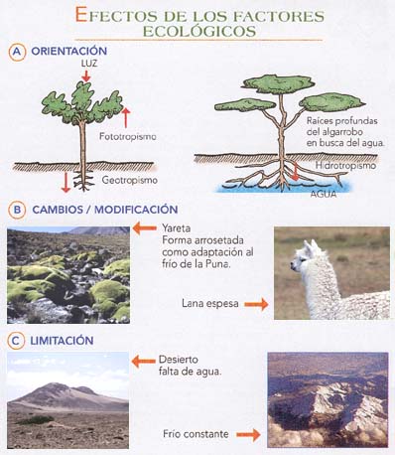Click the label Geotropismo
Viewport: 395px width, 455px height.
coord(130,181)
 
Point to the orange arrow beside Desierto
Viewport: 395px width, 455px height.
coord(144,360)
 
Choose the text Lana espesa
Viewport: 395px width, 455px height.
coord(210,303)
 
